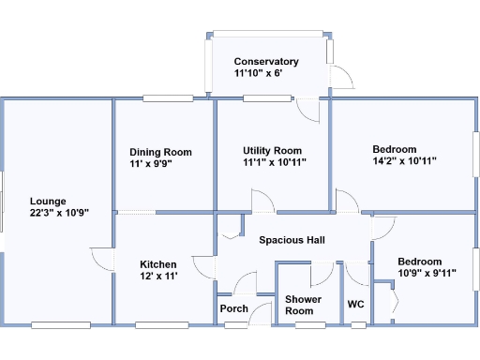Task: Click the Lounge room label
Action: coord(47,201)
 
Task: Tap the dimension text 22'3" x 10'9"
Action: coord(58,213)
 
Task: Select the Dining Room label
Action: coord(160,152)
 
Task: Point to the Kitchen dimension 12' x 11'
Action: coord(159,276)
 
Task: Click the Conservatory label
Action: coord(266,62)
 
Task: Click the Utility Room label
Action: coord(272,150)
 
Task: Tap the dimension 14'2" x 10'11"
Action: coord(404,161)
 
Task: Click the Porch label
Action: coord(233,308)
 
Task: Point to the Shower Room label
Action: coord(303,305)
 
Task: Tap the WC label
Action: coord(355,304)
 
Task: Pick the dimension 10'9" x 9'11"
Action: coord(426,274)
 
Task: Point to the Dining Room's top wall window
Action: coord(168,97)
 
